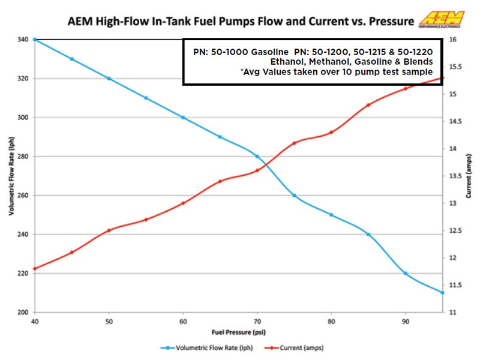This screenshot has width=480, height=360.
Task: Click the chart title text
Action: (239, 22)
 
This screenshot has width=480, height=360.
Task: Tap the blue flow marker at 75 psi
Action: (294, 196)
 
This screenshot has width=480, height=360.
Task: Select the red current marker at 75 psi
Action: (294, 143)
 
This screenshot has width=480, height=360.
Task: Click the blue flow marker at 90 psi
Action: (406, 273)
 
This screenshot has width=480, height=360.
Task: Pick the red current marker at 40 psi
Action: (35, 268)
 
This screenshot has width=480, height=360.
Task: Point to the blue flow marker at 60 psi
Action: (183, 118)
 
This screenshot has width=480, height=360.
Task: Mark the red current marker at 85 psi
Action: (368, 105)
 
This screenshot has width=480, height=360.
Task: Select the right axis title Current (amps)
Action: (469, 175)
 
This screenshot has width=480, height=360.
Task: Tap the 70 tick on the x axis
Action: (257, 321)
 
